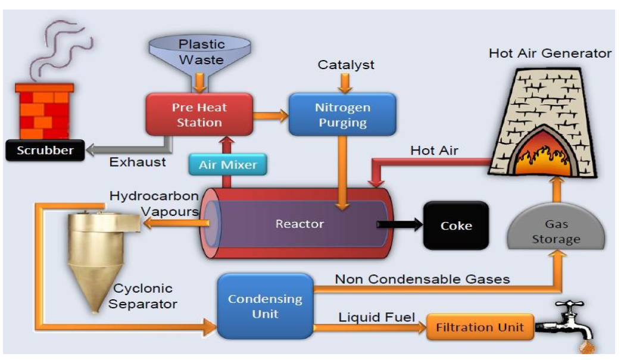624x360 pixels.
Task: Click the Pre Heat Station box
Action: tap(199, 115)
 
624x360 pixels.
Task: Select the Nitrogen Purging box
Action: tap(342, 115)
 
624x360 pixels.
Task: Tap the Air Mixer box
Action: tap(228, 165)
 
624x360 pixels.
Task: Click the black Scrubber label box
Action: tap(45, 151)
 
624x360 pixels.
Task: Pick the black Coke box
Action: tap(455, 226)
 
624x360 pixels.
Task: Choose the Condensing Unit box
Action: tap(265, 306)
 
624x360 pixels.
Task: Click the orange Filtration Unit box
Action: tap(479, 327)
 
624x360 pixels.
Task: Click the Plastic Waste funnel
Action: tap(202, 54)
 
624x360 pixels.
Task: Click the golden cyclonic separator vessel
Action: tap(95, 256)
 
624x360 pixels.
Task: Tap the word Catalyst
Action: tap(346, 64)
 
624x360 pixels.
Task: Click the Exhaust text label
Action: tap(138, 162)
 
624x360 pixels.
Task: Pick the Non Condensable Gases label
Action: tap(422, 278)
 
